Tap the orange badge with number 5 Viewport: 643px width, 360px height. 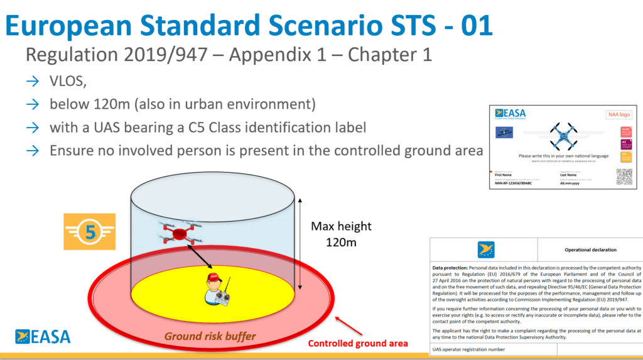click(90, 232)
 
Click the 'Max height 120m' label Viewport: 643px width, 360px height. click(341, 233)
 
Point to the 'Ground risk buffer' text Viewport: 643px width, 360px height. click(210, 336)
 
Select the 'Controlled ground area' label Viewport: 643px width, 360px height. click(357, 343)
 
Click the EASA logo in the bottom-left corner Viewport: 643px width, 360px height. click(43, 336)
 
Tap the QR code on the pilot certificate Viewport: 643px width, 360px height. click(624, 177)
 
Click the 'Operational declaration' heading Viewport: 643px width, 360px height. click(590, 249)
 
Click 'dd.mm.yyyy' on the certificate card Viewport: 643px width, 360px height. click(571, 182)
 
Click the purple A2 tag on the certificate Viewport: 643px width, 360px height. click(625, 144)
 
